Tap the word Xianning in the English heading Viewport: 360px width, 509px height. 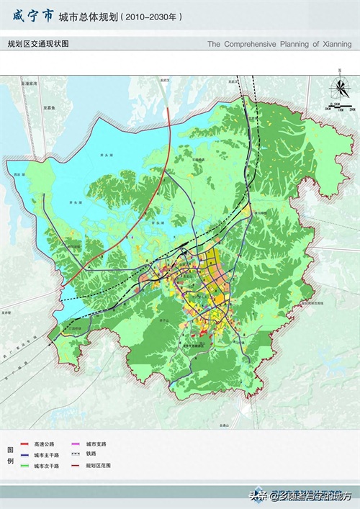pyautogui.click(x=334, y=44)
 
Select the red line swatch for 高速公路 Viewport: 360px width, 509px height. pyautogui.click(x=26, y=445)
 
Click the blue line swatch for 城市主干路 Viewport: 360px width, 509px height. pyautogui.click(x=26, y=455)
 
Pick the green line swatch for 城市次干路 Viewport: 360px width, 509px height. pyautogui.click(x=26, y=466)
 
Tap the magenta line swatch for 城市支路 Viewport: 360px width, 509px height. pyautogui.click(x=76, y=445)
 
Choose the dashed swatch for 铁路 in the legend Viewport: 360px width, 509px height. pyautogui.click(x=76, y=455)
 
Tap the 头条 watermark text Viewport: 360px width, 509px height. pyautogui.click(x=257, y=496)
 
